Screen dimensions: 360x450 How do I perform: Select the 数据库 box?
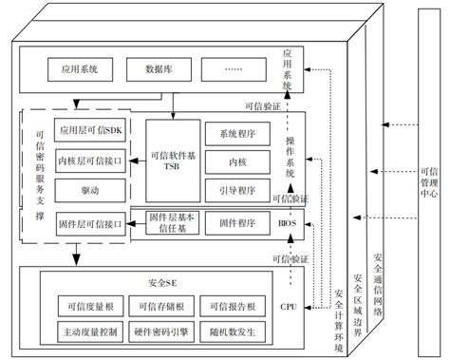[x=157, y=69]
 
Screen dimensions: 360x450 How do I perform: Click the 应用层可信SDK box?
[x=90, y=130]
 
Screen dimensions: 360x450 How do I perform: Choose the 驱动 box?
[x=90, y=190]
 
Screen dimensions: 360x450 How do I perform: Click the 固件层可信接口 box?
[x=90, y=224]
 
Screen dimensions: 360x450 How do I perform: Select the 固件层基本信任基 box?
[x=172, y=223]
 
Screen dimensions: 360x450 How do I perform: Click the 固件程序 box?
[x=236, y=223]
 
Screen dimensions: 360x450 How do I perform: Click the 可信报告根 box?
[x=230, y=306]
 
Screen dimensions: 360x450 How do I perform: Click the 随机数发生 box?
[x=230, y=332]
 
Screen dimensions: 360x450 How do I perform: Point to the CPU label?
[x=289, y=306]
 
